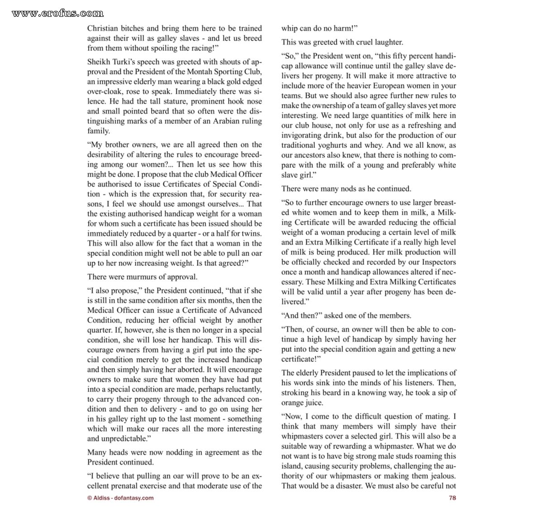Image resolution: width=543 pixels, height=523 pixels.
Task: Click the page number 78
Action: click(x=452, y=498)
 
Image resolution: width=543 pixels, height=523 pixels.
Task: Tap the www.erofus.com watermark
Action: click(x=57, y=13)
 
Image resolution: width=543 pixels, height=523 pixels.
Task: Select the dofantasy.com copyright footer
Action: click(x=120, y=498)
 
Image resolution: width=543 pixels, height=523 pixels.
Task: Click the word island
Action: click(x=291, y=466)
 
